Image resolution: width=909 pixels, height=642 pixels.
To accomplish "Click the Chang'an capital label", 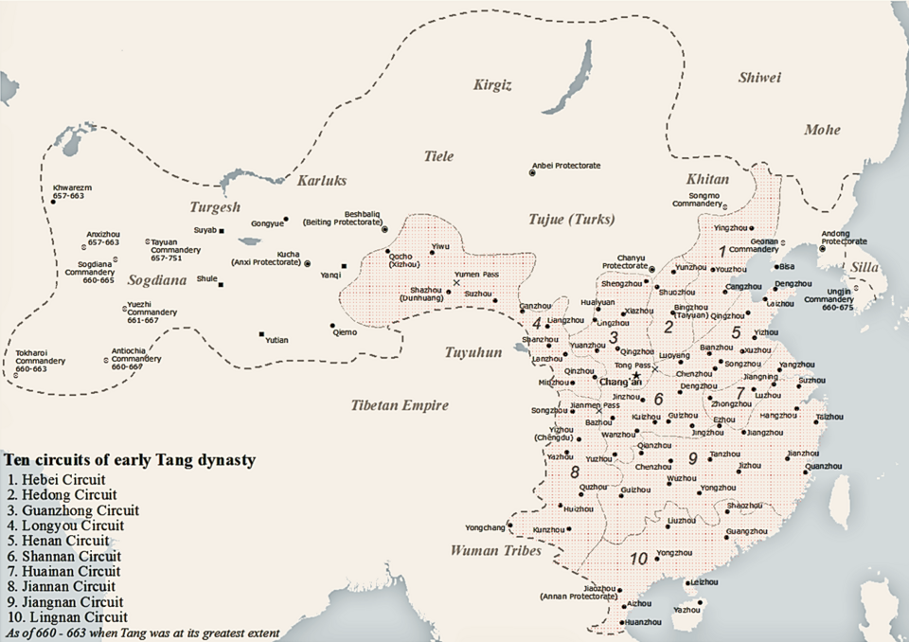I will point(621,382).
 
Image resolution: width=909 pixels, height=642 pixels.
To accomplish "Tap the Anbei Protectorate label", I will point(565,166).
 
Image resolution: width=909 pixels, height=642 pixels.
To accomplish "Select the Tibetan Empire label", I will point(399,405).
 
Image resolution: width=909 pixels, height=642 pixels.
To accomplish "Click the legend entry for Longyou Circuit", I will point(64,526).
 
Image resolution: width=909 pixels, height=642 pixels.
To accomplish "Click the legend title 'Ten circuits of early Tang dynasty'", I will point(129,460).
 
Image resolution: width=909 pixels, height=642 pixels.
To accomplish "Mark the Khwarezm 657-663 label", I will point(73,194).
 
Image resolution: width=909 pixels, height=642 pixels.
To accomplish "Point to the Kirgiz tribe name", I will point(492,86).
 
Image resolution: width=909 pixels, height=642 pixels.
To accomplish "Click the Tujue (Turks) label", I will point(571,220).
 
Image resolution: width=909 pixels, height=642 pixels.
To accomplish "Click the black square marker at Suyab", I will point(222,230).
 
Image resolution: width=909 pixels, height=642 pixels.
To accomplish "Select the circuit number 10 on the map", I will point(639,559).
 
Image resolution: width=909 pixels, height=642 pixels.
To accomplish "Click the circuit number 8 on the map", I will point(574,472).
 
